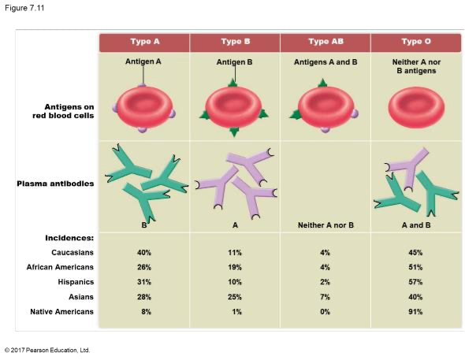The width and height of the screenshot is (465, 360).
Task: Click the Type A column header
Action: click(144, 43)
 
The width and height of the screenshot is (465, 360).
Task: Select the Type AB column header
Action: click(325, 43)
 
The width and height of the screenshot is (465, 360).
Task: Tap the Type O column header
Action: click(416, 43)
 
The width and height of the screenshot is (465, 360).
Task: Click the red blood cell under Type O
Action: click(416, 107)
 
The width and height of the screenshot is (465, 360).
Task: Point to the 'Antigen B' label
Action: click(234, 62)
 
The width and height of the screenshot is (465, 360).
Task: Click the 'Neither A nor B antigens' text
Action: click(416, 66)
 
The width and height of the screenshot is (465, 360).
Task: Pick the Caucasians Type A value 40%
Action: click(144, 253)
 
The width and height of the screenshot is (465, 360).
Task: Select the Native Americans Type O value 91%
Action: click(415, 312)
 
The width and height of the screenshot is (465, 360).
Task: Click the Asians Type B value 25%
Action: click(235, 297)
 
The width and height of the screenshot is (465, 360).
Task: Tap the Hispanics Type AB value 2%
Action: click(325, 282)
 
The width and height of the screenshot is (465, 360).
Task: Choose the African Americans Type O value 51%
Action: click(415, 267)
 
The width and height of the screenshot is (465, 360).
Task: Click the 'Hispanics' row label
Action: click(76, 282)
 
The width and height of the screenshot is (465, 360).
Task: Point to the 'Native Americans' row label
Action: click(62, 312)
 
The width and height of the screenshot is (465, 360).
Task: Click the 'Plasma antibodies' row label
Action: click(55, 184)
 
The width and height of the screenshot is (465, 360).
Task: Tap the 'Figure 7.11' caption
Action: click(24, 8)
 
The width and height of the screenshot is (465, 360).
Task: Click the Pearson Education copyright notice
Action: click(47, 351)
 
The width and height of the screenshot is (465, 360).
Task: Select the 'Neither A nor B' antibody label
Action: click(325, 225)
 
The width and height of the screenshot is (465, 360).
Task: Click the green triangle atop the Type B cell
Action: click(233, 83)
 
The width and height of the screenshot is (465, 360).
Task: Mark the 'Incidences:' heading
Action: click(69, 238)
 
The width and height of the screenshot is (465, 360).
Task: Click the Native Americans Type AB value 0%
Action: click(325, 312)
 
